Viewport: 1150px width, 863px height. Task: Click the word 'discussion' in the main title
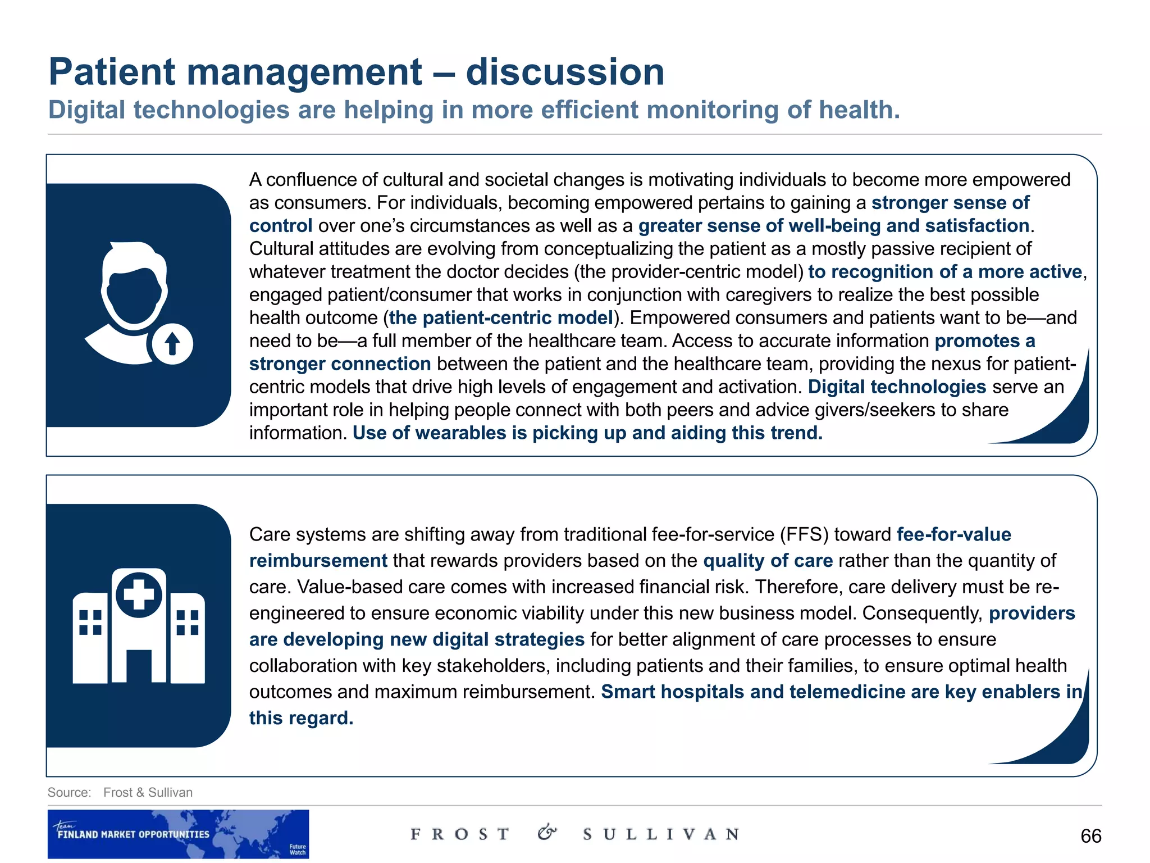tap(565, 72)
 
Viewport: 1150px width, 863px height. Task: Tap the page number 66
tap(1090, 836)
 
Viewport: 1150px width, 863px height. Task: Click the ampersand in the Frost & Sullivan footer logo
tap(547, 833)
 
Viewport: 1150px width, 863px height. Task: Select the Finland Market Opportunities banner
tap(178, 834)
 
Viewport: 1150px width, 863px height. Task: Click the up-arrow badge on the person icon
tap(172, 344)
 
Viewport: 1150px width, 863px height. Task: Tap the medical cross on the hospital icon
tap(139, 594)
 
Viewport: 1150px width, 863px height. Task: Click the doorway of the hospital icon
tap(139, 666)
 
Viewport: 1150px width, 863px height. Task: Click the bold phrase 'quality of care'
tap(768, 561)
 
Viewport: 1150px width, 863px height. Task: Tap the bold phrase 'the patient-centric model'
tap(500, 318)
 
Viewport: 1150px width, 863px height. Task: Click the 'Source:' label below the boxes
tap(69, 792)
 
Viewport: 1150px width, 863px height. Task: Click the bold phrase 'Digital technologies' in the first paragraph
tap(897, 387)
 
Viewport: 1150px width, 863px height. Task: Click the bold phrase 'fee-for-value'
tap(953, 534)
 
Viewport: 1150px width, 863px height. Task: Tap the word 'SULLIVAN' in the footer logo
tap(660, 834)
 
